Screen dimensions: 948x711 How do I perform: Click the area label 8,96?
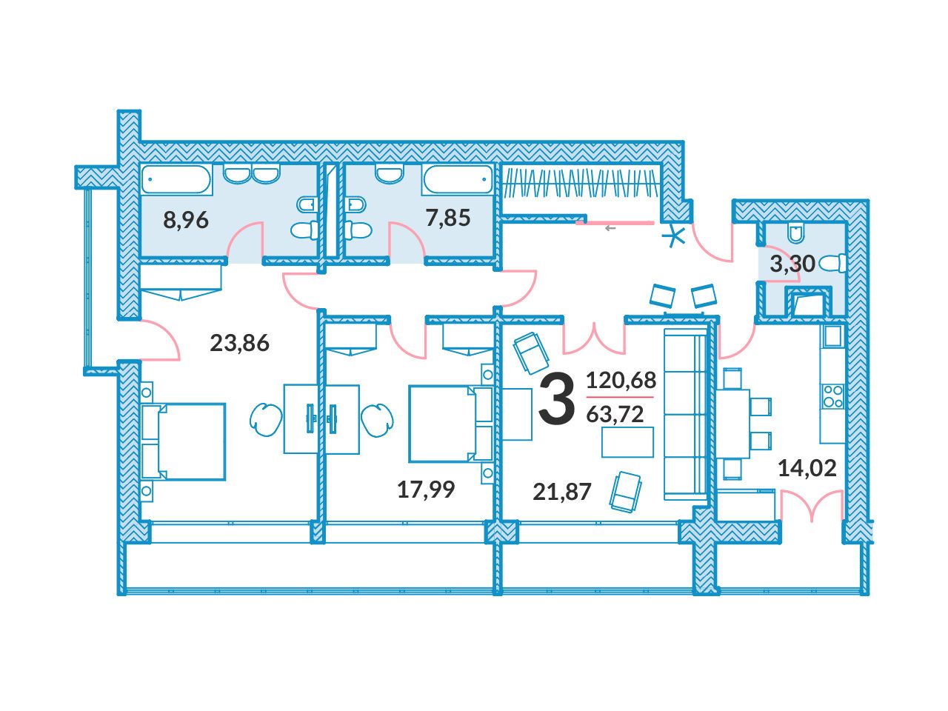[x=186, y=220]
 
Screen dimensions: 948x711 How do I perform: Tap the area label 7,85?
[x=448, y=218]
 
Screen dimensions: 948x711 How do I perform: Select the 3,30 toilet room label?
[x=792, y=264]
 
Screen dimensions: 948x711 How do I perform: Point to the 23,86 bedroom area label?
[x=239, y=343]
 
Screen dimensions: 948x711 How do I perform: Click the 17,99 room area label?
[x=426, y=490]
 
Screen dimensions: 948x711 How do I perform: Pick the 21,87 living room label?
[x=561, y=492]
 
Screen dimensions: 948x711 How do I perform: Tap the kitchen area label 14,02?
[x=807, y=468]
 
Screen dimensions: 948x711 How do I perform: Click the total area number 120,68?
[x=621, y=381]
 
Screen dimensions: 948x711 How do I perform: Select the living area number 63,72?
[x=615, y=414]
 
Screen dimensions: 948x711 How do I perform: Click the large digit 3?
[x=557, y=398]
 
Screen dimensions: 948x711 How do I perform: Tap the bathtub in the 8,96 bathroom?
[x=177, y=179]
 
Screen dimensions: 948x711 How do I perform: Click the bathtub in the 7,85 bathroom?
[x=458, y=179]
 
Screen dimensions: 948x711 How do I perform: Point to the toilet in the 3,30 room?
[x=832, y=264]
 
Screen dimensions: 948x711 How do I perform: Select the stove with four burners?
[x=832, y=396]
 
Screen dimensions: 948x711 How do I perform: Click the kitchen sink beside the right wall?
[x=832, y=336]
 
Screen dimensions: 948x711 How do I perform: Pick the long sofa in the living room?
[x=685, y=413]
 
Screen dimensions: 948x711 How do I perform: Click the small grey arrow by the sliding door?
[x=610, y=228]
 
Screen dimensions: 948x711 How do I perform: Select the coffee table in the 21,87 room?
[x=627, y=441]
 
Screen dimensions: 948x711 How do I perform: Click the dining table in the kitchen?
[x=732, y=424]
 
